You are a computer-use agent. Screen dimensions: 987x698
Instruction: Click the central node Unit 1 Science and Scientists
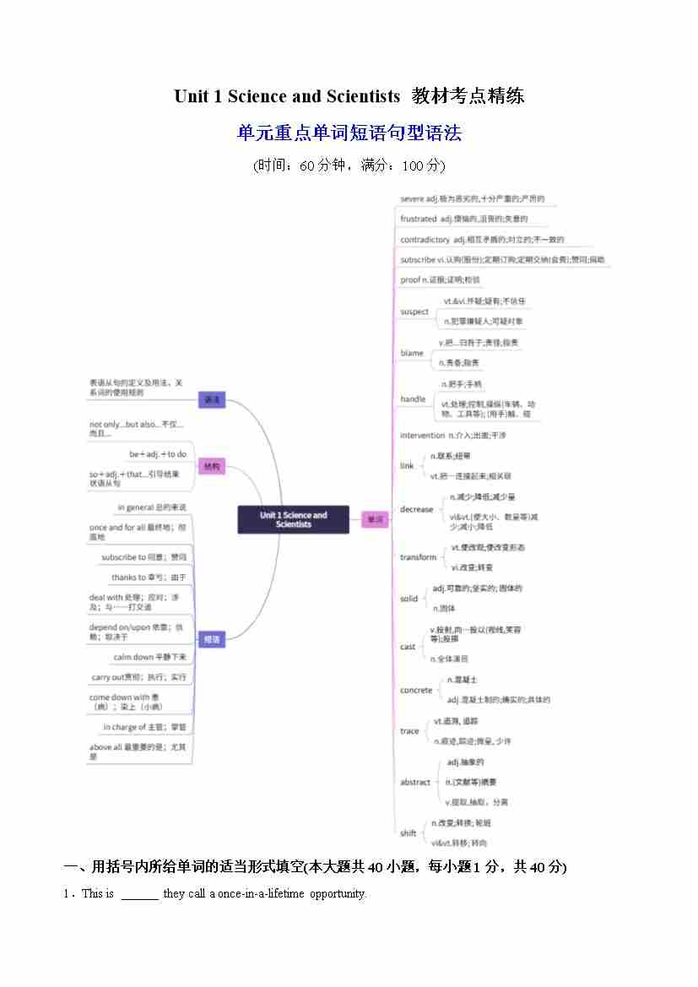coord(293,519)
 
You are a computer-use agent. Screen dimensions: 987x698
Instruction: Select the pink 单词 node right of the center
coord(374,519)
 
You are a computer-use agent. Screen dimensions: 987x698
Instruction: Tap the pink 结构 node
coord(211,466)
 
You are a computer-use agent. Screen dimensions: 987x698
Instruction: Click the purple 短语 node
coord(211,640)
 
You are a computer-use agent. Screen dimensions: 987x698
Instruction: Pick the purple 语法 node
coord(211,399)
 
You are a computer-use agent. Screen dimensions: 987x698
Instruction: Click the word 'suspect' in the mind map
coord(414,312)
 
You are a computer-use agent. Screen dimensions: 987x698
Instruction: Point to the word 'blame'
coord(412,353)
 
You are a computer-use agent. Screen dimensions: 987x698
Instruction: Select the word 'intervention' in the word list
coord(422,435)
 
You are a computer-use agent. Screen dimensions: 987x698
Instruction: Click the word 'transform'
coord(418,557)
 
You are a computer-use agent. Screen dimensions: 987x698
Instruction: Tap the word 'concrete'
coord(416,690)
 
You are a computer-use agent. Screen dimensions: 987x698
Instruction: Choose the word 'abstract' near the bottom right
coord(415,782)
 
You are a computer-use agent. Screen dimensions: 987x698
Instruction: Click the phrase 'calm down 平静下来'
coord(149,657)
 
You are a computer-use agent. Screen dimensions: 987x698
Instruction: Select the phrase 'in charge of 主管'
coord(144,727)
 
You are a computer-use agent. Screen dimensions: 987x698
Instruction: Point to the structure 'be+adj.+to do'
coord(158,454)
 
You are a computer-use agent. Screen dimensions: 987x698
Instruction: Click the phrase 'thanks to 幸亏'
coord(149,578)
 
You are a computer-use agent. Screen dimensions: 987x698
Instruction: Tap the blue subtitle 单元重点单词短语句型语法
coord(349,133)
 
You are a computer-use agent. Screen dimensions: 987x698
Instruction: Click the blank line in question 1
coord(139,894)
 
